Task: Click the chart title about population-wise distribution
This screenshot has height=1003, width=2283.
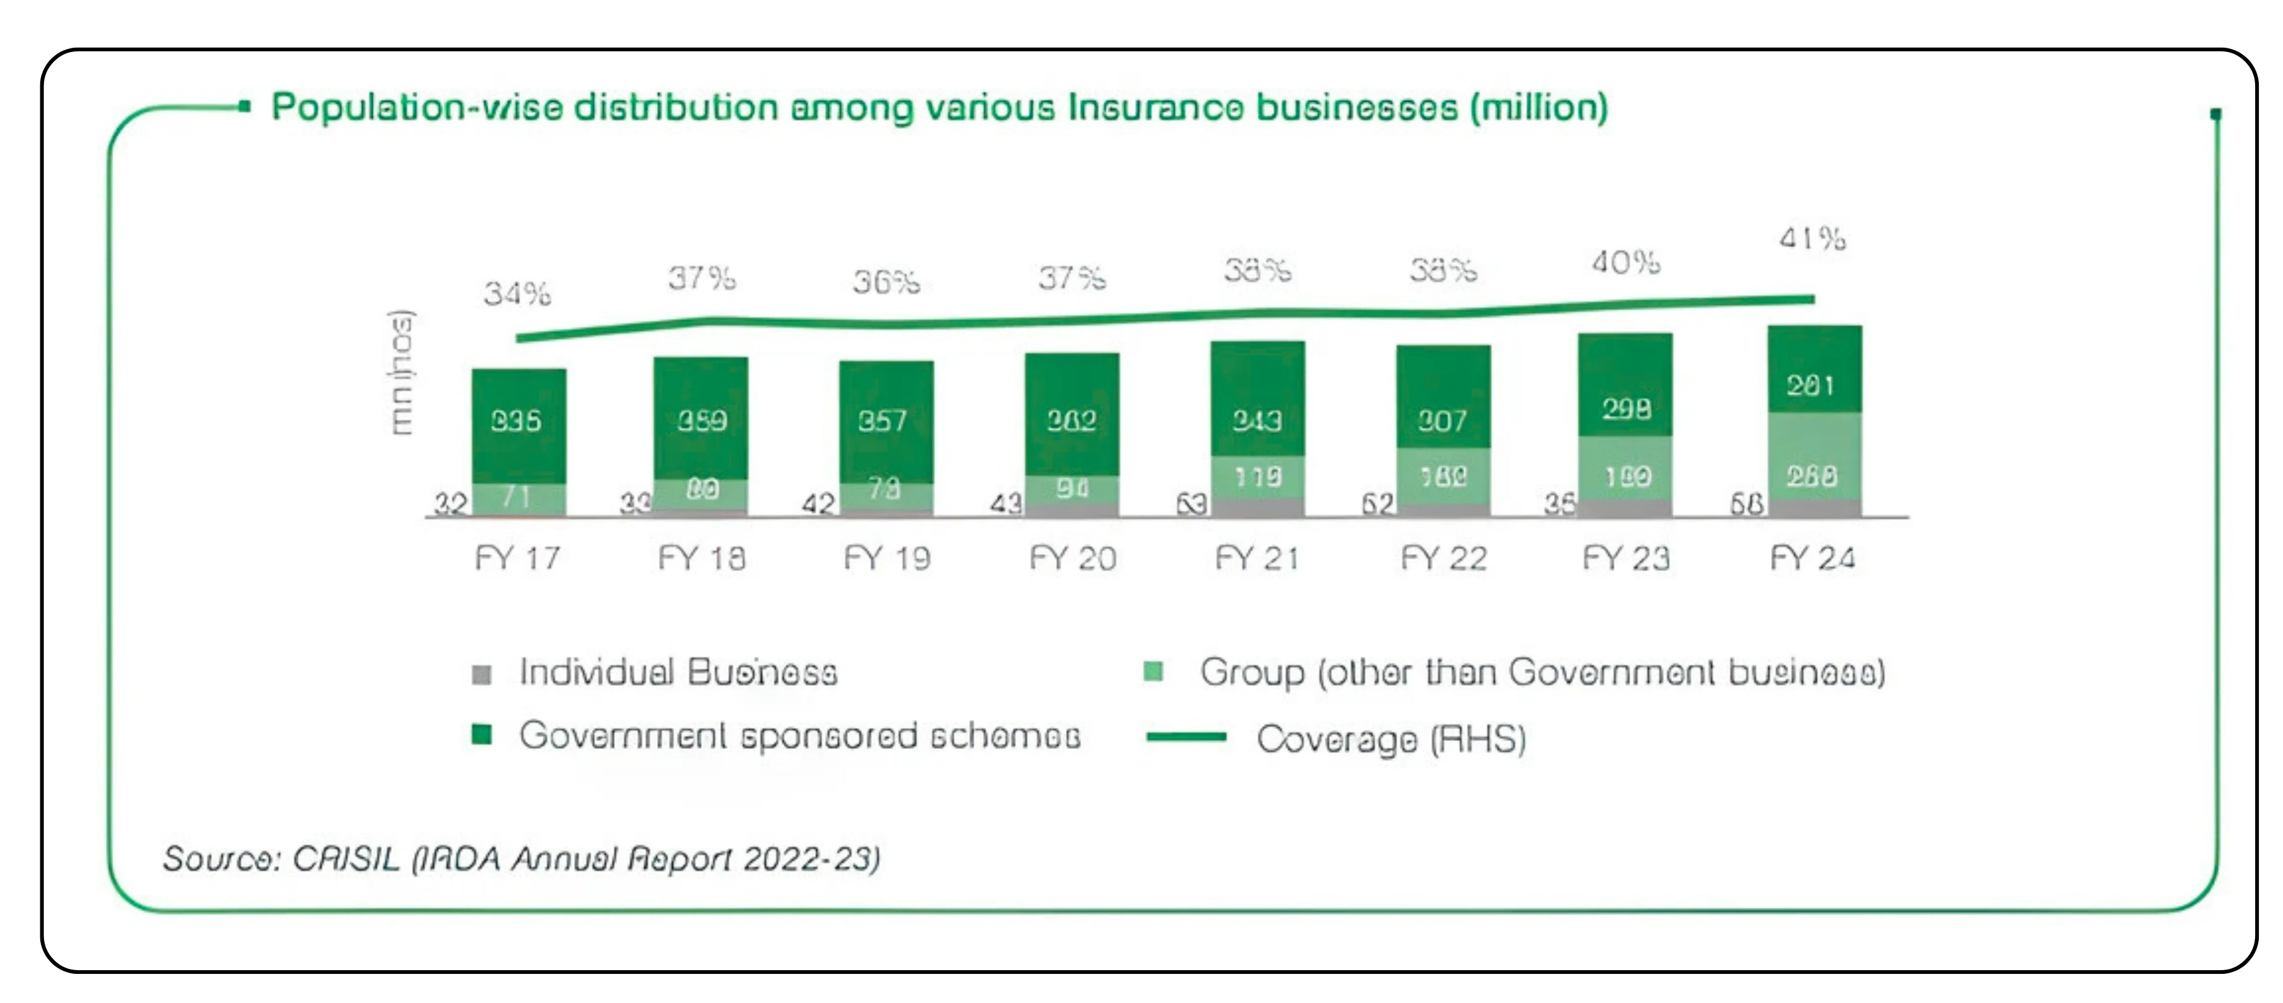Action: pos(940,107)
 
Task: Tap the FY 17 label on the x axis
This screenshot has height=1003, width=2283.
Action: pos(518,558)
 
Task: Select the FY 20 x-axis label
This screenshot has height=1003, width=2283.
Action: pos(1072,558)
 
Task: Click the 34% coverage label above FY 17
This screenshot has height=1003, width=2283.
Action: pos(518,293)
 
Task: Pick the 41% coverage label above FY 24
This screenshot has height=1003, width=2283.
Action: pos(1813,239)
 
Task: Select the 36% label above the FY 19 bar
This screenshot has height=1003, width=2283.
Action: pos(886,283)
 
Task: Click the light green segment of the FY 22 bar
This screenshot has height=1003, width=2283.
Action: pos(1443,476)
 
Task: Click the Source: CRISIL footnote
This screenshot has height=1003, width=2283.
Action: pos(521,859)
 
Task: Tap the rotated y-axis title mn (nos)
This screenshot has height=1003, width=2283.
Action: pos(402,372)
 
